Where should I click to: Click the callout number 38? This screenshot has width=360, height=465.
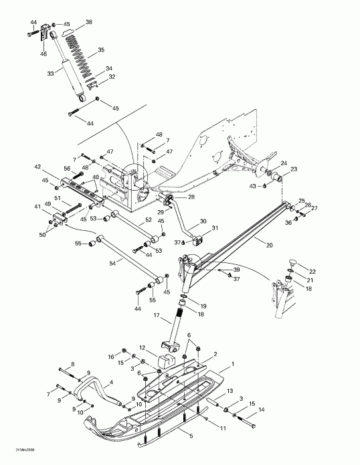coord(88,22)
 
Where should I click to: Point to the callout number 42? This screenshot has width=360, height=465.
coord(38,167)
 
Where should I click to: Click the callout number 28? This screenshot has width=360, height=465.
coord(191,197)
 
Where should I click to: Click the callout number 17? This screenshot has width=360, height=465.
coord(157,316)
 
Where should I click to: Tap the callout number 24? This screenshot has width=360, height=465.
coord(284,163)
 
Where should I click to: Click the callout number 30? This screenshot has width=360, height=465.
coord(202,220)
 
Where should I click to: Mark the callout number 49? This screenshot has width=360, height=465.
coord(48,204)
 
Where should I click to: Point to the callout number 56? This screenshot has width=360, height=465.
coord(67,169)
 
